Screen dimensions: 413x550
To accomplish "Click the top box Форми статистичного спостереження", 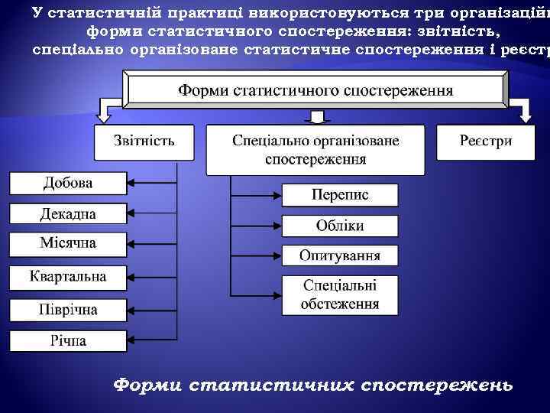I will click(315, 89).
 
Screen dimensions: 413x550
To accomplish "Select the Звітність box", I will click(144, 142).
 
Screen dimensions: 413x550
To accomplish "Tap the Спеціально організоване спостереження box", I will click(315, 150).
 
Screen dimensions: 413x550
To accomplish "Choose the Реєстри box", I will click(486, 142).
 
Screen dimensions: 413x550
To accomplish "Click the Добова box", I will click(67, 184).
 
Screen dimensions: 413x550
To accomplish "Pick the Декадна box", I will click(67, 213).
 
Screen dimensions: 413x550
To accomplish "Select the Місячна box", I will click(67, 244).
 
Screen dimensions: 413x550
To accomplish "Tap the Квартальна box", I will click(67, 277).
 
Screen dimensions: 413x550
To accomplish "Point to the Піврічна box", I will click(67, 310).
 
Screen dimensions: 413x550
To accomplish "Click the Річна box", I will click(67, 340).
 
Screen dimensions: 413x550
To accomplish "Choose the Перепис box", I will click(340, 195).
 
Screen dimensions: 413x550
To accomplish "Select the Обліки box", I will click(340, 226).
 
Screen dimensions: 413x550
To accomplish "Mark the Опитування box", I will click(340, 255).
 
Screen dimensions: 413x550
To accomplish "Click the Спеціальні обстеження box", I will click(340, 294).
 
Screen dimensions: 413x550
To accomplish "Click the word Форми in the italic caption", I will click(146, 385).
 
